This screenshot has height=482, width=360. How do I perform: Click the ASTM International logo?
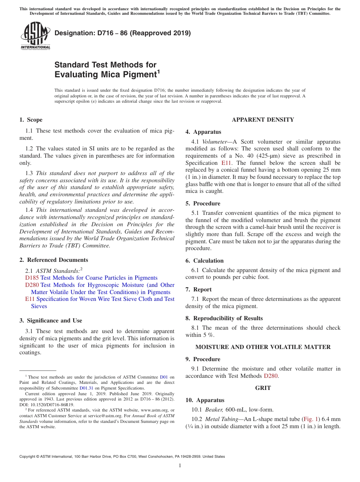point(35,36)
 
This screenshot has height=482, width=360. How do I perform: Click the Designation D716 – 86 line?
point(122,33)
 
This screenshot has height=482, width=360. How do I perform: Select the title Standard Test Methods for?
point(105,65)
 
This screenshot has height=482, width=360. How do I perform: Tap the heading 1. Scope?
point(31,120)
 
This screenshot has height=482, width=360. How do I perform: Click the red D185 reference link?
point(32,278)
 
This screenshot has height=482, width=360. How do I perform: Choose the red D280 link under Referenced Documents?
point(32,285)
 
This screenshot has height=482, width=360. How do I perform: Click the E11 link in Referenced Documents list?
point(30,299)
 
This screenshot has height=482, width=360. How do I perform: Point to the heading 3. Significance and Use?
point(50,321)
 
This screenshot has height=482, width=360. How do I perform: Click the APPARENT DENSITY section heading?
point(263,120)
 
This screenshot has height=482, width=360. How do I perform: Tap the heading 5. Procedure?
point(203,203)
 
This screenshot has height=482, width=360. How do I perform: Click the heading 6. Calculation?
point(204,261)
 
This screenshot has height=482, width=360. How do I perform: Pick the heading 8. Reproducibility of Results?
point(224,318)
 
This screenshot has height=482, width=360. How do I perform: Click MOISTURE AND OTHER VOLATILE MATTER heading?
point(263,347)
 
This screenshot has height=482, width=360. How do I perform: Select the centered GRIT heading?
point(263,388)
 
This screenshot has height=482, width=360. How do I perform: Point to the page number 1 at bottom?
point(180,465)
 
